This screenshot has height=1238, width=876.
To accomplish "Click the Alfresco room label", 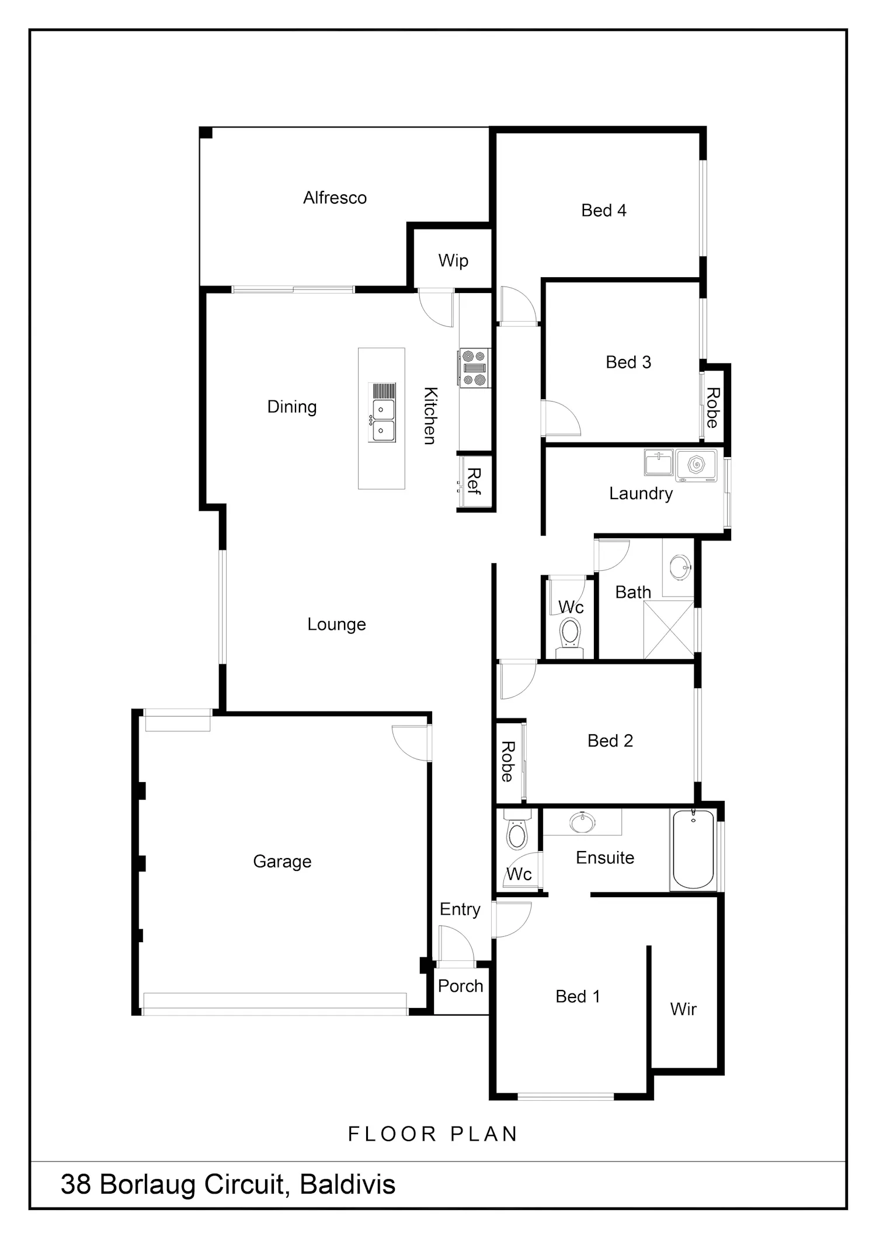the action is pyautogui.click(x=335, y=198).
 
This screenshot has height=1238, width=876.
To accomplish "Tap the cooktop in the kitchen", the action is pyautogui.click(x=474, y=368).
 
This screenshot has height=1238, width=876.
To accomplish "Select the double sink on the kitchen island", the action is pyautogui.click(x=383, y=412).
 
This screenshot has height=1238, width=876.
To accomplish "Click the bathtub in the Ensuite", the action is pyautogui.click(x=693, y=849).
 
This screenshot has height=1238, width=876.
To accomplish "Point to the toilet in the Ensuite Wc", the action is pyautogui.click(x=517, y=829).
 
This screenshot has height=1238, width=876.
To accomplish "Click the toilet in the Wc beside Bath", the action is pyautogui.click(x=569, y=637).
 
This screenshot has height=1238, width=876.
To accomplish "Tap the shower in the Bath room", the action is pyautogui.click(x=669, y=630).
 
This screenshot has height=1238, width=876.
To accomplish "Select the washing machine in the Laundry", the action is pyautogui.click(x=696, y=465).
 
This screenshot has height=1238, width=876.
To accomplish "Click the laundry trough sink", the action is pyautogui.click(x=659, y=462).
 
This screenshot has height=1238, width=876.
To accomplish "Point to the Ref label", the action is pyautogui.click(x=474, y=482).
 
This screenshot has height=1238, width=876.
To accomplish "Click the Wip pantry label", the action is pyautogui.click(x=453, y=260).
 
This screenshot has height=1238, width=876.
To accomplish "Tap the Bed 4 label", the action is pyautogui.click(x=604, y=210).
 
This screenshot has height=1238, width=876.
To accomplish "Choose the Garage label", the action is pyautogui.click(x=282, y=862).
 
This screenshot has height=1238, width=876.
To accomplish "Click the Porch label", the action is pyautogui.click(x=461, y=986).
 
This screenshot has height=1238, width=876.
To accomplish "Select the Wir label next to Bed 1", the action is pyautogui.click(x=683, y=1009).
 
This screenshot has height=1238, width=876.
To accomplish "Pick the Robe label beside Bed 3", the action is pyautogui.click(x=713, y=407).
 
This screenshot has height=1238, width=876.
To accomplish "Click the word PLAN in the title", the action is pyautogui.click(x=484, y=1134).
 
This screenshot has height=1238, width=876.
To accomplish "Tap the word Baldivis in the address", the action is pyautogui.click(x=347, y=1184).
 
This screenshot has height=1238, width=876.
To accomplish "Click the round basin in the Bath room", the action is pyautogui.click(x=680, y=566).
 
